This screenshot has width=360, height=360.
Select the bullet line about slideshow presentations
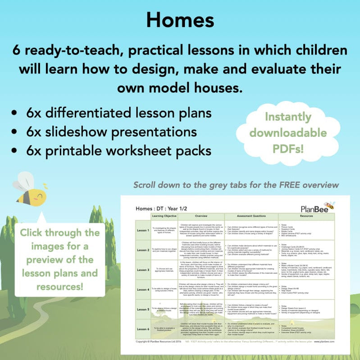[x=111, y=132]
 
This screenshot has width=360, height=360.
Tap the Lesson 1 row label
[x=144, y=230]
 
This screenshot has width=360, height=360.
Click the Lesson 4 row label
[x=144, y=289]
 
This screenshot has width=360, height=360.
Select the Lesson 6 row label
[x=144, y=329]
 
